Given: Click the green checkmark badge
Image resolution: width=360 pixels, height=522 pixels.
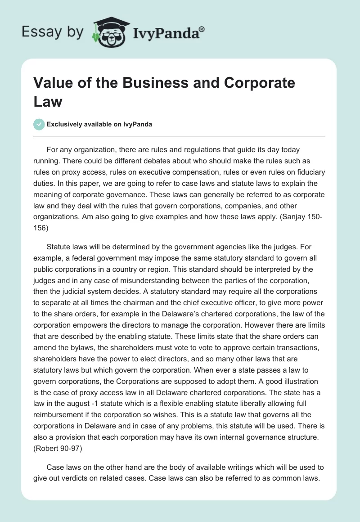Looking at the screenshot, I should pos(39,124).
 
